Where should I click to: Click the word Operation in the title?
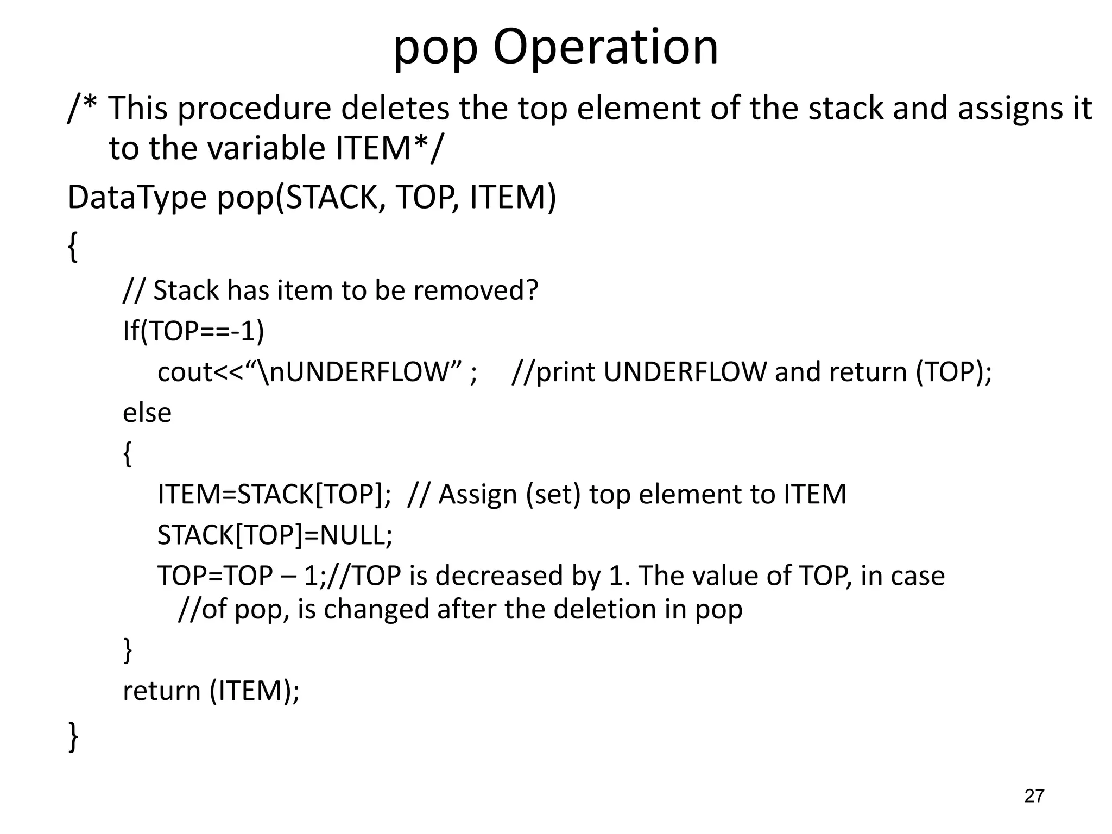605,47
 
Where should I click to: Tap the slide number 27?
1034,796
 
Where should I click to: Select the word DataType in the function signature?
137,198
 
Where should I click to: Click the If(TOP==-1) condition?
193,331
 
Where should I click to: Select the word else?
147,413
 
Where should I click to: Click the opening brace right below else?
128,454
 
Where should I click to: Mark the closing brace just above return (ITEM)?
128,650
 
